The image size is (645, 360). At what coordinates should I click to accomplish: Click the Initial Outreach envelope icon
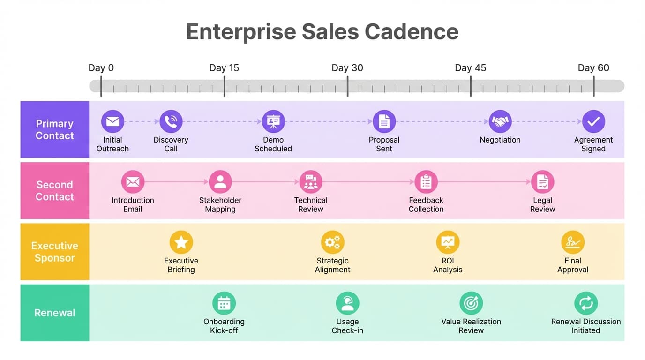112,122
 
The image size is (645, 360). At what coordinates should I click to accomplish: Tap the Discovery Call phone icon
171,122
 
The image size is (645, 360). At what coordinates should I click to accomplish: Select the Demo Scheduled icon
273,122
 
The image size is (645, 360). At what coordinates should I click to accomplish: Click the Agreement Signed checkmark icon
593,122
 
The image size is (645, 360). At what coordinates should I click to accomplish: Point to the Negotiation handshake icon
500,122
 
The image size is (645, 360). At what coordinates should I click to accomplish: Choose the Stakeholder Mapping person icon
220,182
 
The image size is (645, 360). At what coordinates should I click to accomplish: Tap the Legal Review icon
543,182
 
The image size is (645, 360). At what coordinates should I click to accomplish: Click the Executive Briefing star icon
181,243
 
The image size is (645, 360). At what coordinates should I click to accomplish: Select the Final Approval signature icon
573,243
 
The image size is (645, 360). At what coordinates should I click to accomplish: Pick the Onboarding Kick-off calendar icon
224,303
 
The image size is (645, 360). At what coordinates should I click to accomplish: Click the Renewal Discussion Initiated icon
586,303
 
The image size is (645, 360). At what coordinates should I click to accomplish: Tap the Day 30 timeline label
347,68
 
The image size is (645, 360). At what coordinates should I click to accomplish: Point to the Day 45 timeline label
471,68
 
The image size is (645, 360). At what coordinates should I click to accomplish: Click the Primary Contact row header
55,129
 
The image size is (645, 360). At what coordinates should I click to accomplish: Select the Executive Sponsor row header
55,252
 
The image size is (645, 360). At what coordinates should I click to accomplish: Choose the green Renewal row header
55,313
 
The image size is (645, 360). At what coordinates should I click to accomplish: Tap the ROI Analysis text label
448,265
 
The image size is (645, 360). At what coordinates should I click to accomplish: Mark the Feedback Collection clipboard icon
426,182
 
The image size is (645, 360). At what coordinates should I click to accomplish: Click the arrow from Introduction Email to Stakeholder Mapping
176,182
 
